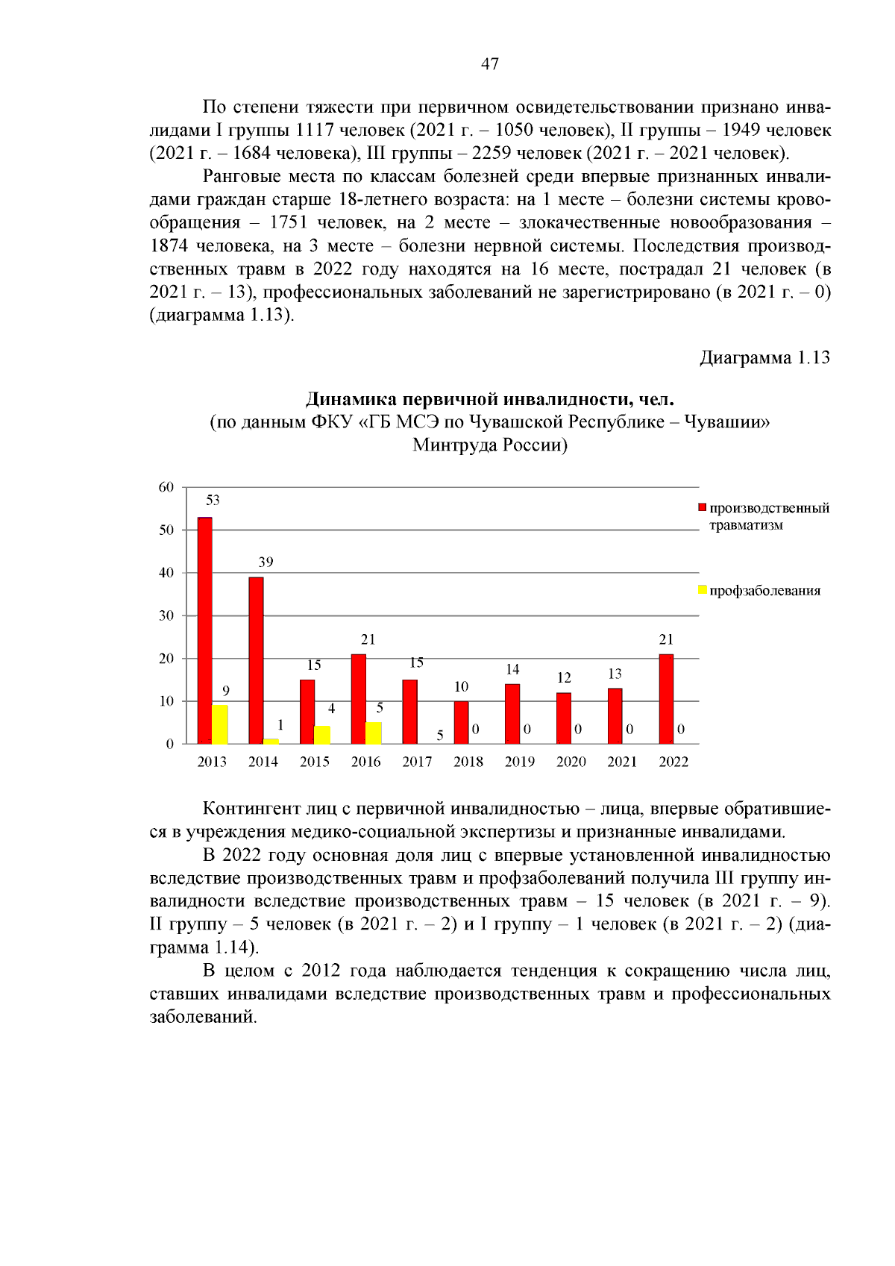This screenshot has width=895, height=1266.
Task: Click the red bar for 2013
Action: (204, 630)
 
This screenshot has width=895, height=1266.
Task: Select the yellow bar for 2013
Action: (219, 724)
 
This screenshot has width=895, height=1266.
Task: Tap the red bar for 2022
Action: (666, 699)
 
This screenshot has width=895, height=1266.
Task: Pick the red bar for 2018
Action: (461, 722)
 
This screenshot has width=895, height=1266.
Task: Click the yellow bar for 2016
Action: (374, 733)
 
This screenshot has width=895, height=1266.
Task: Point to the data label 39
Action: (266, 563)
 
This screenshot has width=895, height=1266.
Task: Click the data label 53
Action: (213, 501)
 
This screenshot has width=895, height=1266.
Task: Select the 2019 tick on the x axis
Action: (519, 762)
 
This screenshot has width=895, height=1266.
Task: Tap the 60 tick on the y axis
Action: (166, 487)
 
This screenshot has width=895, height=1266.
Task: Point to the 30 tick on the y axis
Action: (166, 615)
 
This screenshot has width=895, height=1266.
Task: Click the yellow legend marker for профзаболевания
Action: (702, 590)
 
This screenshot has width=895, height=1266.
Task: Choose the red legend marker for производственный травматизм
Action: (702, 508)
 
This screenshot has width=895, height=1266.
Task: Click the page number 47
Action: (490, 64)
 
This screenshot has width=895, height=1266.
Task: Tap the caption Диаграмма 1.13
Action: (764, 358)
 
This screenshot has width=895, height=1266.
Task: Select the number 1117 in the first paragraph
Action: (314, 130)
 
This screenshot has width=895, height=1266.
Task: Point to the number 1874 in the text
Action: (170, 245)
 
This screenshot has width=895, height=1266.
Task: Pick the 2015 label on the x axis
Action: (314, 762)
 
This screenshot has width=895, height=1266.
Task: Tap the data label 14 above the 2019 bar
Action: (512, 670)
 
